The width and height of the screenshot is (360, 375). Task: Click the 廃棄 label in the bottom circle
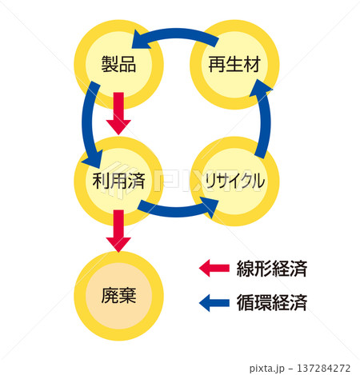[x=118, y=295]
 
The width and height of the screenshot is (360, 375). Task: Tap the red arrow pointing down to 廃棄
[x=118, y=229]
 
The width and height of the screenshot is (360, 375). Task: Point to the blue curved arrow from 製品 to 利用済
[x=90, y=120]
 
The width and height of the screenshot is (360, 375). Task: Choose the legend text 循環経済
[x=272, y=303]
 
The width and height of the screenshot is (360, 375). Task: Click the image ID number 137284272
[x=319, y=368]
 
